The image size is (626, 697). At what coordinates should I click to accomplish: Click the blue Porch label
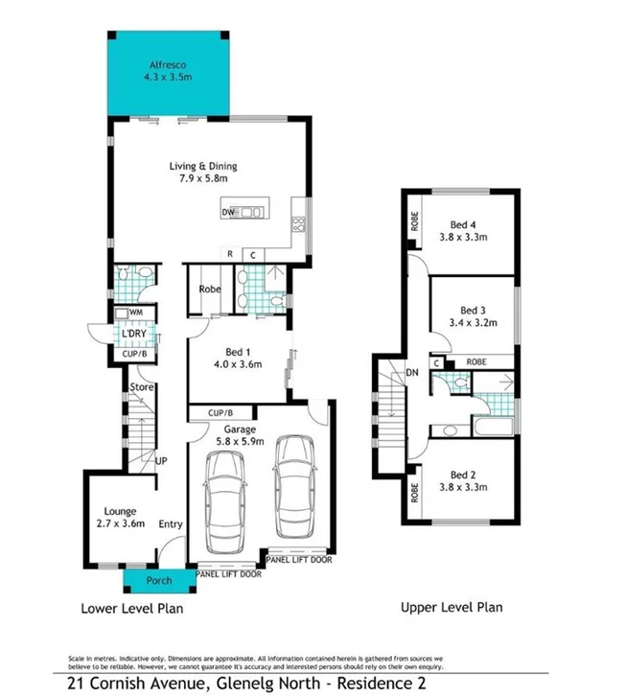pyautogui.click(x=158, y=581)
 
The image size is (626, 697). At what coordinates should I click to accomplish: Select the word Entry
pyautogui.click(x=171, y=523)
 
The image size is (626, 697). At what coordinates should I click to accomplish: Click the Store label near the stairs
pyautogui.click(x=142, y=387)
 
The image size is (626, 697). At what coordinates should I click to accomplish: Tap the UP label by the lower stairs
pyautogui.click(x=161, y=461)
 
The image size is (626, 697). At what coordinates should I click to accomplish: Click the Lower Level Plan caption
pyautogui.click(x=132, y=608)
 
